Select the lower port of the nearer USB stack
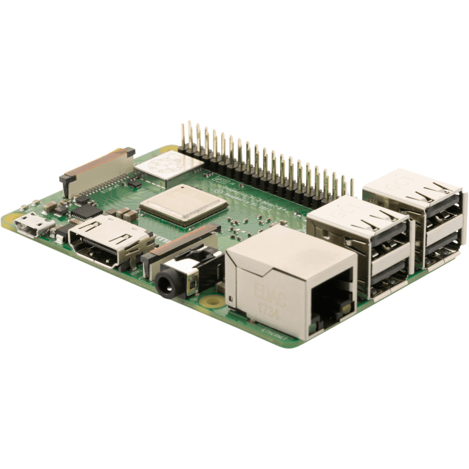tap(389, 275)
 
